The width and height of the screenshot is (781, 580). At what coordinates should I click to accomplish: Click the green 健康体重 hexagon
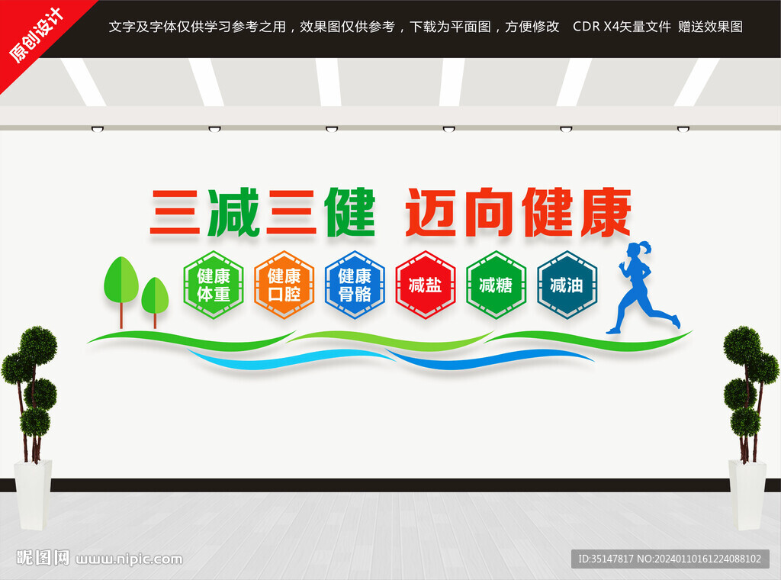coord(214,285)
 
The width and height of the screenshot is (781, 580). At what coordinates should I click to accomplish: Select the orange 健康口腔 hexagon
coord(284,285)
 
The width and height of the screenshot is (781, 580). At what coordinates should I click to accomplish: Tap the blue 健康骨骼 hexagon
coord(355,285)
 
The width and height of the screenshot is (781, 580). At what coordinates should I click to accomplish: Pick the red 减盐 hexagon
coord(426,285)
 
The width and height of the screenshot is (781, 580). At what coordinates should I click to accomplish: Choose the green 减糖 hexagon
coord(497,285)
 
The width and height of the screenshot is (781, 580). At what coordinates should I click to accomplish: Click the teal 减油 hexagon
coord(567,285)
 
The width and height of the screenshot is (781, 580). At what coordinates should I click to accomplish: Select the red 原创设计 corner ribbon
coord(36,35)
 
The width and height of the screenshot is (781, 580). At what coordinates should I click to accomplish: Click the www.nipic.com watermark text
coord(129,559)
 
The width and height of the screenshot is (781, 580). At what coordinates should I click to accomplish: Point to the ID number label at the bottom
coord(670,559)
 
